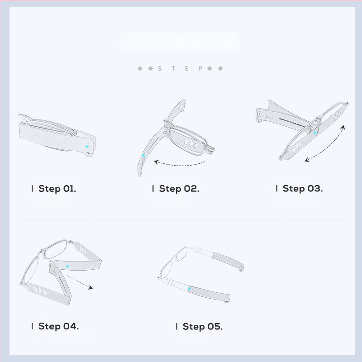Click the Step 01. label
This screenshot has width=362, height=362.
coord(57,189)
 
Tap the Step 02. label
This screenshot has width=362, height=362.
coord(179,189)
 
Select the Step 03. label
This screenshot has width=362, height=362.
coord(303,188)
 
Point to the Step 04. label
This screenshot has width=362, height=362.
coord(58,326)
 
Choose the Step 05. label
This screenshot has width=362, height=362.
coord(202,326)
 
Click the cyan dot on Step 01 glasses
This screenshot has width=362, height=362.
coord(87,147)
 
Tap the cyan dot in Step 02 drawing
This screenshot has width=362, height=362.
coord(143,155)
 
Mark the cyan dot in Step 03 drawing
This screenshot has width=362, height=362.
coord(314,133)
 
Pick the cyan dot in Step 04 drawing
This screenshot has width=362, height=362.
coord(67,267)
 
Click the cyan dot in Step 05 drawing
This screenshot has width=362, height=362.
coord(189,289)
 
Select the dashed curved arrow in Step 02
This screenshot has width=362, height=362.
coord(179,165)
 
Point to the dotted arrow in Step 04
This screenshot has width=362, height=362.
coord(80,281)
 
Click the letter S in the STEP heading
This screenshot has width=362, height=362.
coord(160,69)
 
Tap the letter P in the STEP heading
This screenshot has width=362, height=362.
coord(200,69)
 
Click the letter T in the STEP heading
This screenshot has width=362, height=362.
coord(173,69)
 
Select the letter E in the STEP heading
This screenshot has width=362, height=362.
coord(187,69)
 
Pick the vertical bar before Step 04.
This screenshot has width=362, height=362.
coord(32,326)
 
